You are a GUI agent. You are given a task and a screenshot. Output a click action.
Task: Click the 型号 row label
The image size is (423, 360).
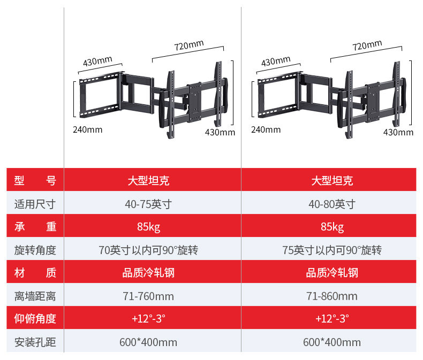click(x=35, y=181)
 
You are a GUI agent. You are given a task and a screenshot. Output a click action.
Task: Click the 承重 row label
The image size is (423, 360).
click(x=35, y=227)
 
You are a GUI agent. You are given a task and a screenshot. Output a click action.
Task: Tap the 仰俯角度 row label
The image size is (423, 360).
click(x=35, y=319)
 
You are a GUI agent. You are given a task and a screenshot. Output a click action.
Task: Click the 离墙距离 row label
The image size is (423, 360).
click(x=35, y=296)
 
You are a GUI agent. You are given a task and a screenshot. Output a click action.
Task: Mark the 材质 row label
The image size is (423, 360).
click(x=35, y=273)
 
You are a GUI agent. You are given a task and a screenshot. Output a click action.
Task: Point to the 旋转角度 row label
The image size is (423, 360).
click(x=35, y=250)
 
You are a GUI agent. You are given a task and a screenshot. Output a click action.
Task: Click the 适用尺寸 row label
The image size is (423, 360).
click(x=35, y=204)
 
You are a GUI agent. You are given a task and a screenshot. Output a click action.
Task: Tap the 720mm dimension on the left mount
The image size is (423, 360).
click(x=188, y=46)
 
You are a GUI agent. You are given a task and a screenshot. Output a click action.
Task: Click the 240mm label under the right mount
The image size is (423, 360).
click(x=266, y=129)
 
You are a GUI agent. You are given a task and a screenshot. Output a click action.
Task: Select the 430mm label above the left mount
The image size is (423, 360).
click(x=97, y=61)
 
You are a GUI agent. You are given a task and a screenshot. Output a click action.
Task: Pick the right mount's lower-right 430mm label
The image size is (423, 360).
click(x=398, y=133)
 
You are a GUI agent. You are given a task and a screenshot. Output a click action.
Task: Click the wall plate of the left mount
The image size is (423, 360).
click(x=99, y=96)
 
